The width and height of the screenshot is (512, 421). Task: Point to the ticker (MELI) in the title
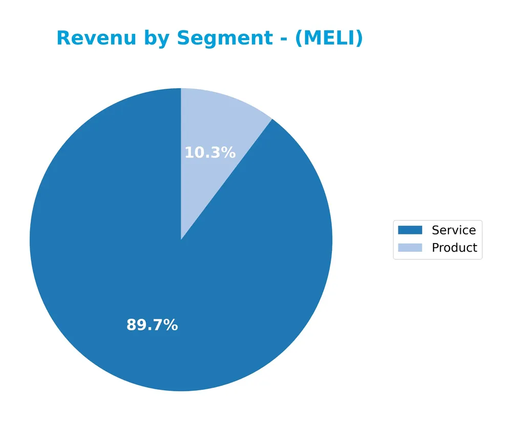pyautogui.click(x=329, y=38)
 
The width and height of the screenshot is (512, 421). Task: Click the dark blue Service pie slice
pyautogui.click(x=128, y=256)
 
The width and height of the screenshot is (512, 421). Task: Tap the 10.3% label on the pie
pyautogui.click(x=210, y=153)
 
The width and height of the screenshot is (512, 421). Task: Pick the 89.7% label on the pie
pyautogui.click(x=152, y=325)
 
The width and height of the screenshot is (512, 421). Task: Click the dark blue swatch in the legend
pyautogui.click(x=410, y=230)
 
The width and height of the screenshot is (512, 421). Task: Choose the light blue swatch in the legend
pyautogui.click(x=410, y=248)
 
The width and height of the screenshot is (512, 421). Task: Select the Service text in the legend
pyautogui.click(x=454, y=230)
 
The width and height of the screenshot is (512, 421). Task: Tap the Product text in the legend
pyautogui.click(x=454, y=248)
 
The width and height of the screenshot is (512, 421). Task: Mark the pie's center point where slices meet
pyautogui.click(x=181, y=239)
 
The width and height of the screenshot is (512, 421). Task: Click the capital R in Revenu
pyautogui.click(x=63, y=38)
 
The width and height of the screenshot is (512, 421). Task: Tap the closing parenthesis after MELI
pyautogui.click(x=359, y=38)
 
